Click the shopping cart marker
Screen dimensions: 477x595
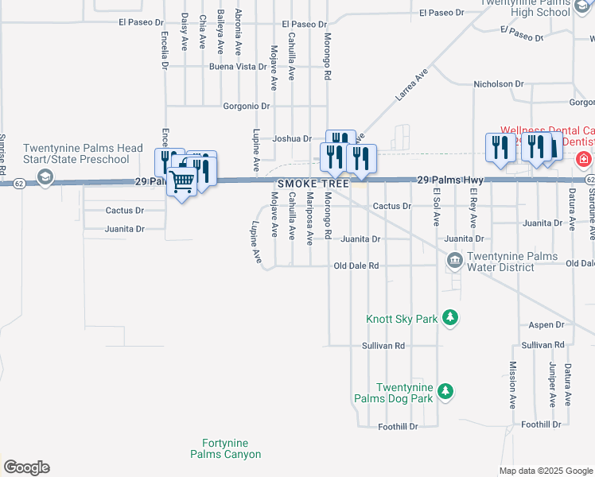pyautogui.click(x=182, y=182)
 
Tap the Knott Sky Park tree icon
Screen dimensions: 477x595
pyautogui.click(x=450, y=318)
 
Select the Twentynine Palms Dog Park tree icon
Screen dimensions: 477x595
pyautogui.click(x=446, y=391)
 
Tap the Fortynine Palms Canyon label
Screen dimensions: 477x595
pyautogui.click(x=225, y=448)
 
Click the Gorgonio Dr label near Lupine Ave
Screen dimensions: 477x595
pyautogui.click(x=247, y=106)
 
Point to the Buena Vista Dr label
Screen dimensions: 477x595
pyautogui.click(x=237, y=67)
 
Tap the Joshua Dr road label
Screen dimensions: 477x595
pyautogui.click(x=292, y=138)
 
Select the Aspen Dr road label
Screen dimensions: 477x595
pyautogui.click(x=546, y=325)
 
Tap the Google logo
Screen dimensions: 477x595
pyautogui.click(x=26, y=467)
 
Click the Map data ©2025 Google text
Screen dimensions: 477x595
pyautogui.click(x=545, y=471)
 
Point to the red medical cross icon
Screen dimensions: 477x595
pyautogui.click(x=584, y=159)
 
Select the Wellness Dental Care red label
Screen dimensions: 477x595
pyautogui.click(x=546, y=130)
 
